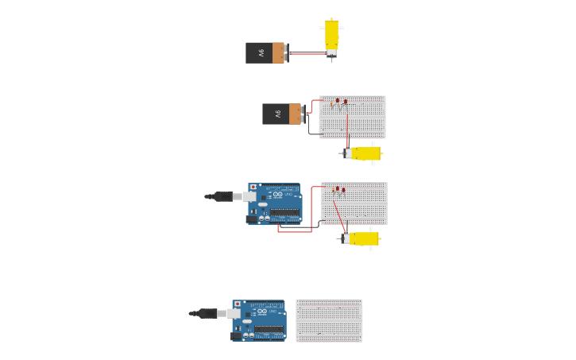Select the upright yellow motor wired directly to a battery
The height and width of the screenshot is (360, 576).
pyautogui.click(x=331, y=37)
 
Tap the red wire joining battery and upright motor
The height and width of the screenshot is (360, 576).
pyautogui.click(x=307, y=54)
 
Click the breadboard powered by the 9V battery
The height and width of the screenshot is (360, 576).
pyautogui.click(x=352, y=117)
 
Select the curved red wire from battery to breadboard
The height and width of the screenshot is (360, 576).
pyautogui.click(x=311, y=104)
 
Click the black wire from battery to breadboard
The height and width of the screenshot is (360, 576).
pyautogui.click(x=310, y=128)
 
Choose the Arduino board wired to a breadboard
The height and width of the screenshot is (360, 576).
pyautogui.click(x=275, y=203)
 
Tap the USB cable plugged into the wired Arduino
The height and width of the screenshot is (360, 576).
pyautogui.click(x=226, y=196)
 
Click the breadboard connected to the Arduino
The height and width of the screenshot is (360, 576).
pyautogui.click(x=354, y=203)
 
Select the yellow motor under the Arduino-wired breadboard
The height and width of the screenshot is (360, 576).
pyautogui.click(x=362, y=238)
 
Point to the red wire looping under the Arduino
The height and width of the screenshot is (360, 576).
pyautogui.click(x=295, y=231)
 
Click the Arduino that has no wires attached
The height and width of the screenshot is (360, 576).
pyautogui.click(x=259, y=320)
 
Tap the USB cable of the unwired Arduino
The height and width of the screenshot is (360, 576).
pyautogui.click(x=210, y=313)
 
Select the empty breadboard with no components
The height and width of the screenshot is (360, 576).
pyautogui.click(x=329, y=320)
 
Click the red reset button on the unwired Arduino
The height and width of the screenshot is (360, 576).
pyautogui.click(x=237, y=304)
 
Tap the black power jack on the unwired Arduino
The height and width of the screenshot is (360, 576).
pyautogui.click(x=236, y=336)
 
